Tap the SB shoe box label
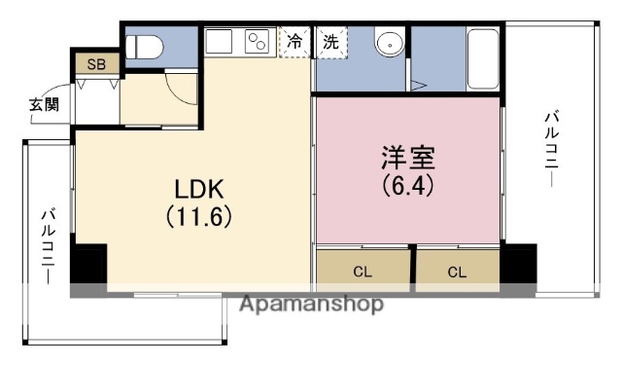point(96,65)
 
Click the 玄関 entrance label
point(43,103)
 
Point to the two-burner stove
point(258,43)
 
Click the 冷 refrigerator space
point(294,42)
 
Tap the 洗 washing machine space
point(331,42)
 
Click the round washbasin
point(388,44)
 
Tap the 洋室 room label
point(406,156)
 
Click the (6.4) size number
point(407,182)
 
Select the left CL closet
point(363,272)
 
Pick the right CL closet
point(457,272)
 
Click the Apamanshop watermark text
point(311,304)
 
